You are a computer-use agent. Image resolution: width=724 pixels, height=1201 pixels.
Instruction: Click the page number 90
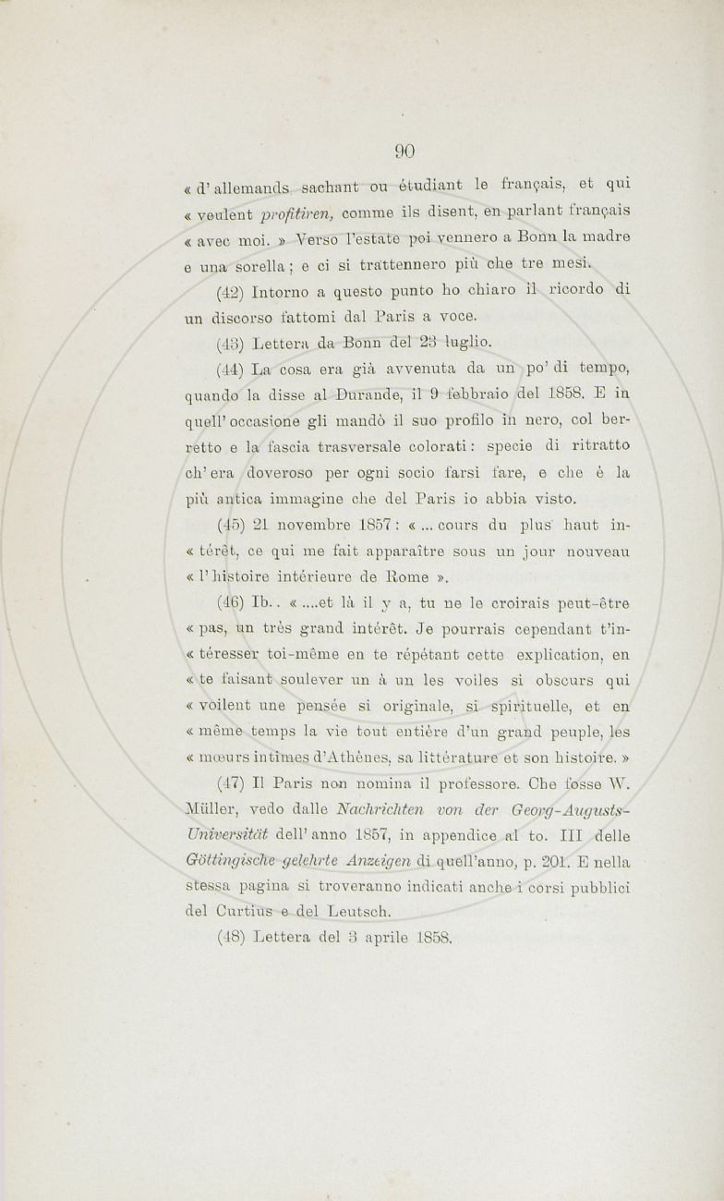[406, 152]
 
